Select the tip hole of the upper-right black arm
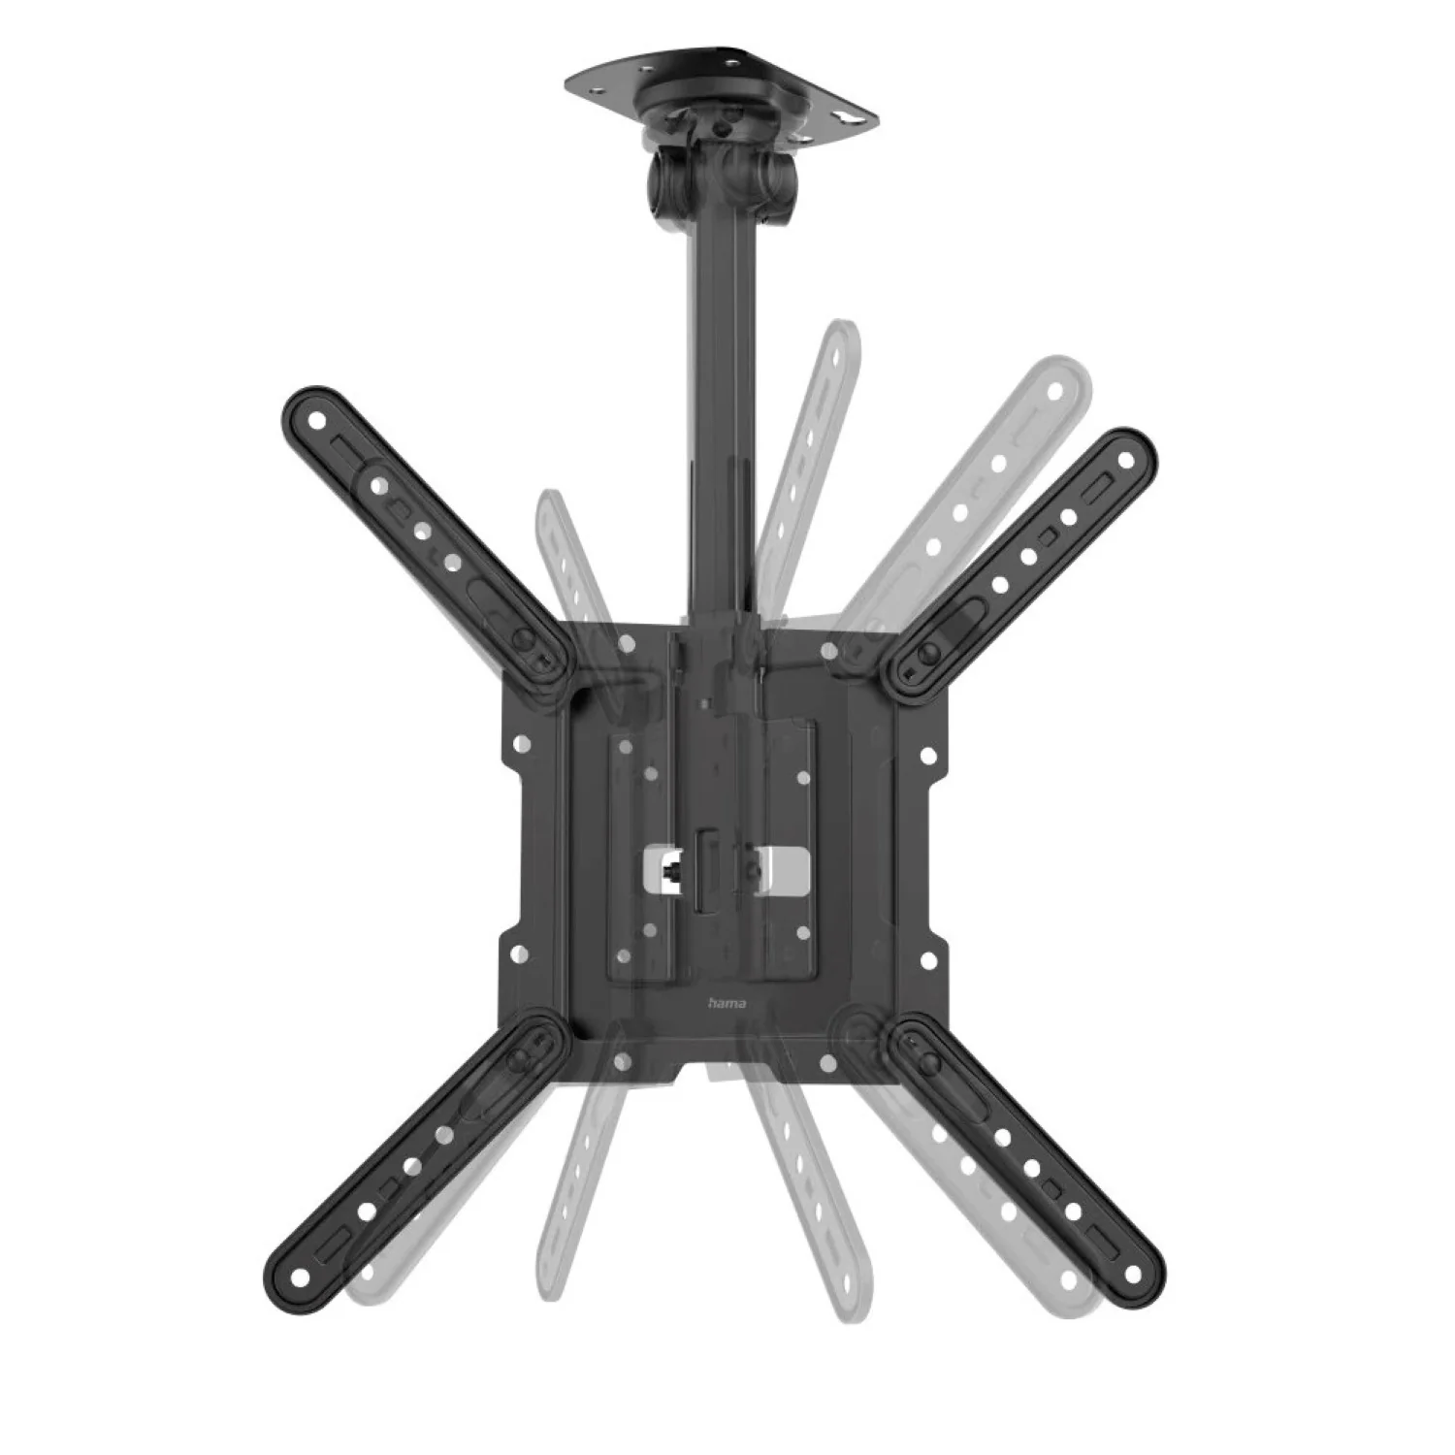[x=1125, y=454]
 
